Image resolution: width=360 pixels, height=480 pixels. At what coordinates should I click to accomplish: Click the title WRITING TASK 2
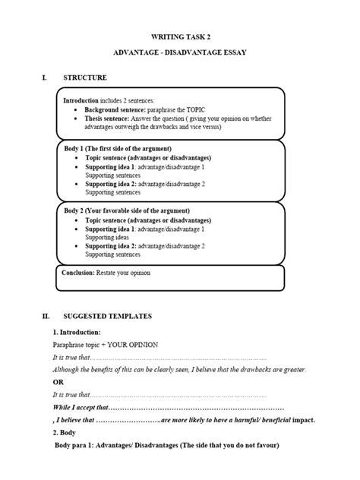tap(179, 35)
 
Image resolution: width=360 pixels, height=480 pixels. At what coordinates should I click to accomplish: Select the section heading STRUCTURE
tap(85, 78)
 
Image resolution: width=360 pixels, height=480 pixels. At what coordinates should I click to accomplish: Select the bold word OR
tap(58, 381)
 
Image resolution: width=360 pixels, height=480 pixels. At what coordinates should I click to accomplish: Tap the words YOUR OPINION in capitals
tap(134, 345)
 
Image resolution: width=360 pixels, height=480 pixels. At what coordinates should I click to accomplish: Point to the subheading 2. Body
tap(68, 432)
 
